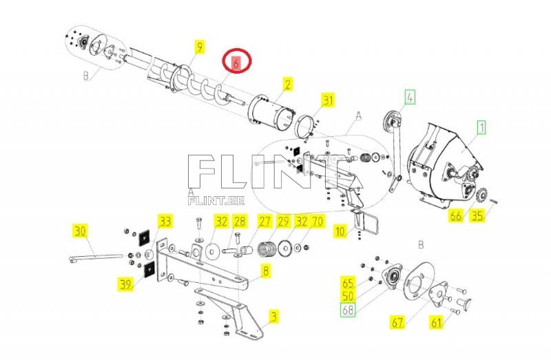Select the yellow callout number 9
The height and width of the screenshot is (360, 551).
[199, 47]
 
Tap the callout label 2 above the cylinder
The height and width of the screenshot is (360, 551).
[287, 85]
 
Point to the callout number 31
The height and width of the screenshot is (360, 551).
[328, 101]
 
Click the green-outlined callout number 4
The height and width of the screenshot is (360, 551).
[410, 97]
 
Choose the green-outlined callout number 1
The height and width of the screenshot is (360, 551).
[481, 127]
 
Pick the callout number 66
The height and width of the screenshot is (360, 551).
[455, 215]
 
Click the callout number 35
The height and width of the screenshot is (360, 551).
[477, 215]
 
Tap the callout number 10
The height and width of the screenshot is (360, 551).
[340, 232]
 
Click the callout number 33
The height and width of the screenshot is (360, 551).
[165, 221]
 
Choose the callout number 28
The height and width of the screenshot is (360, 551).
[239, 221]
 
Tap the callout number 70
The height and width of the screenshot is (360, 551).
[318, 221]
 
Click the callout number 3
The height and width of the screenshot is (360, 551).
[274, 317]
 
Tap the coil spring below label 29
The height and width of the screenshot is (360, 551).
[267, 246]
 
